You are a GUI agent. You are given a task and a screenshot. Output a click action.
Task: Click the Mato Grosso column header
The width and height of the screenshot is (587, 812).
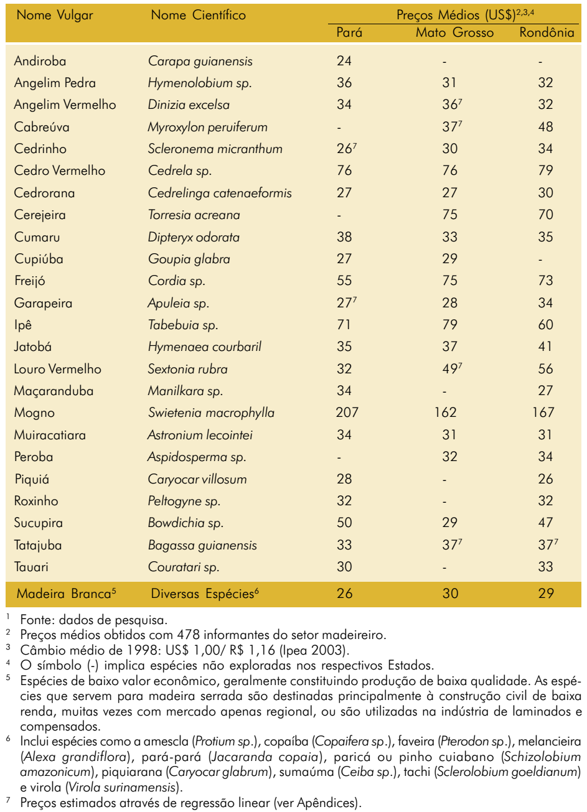[x=454, y=32]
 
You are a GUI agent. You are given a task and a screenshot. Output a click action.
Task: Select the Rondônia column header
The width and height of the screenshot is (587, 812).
[x=547, y=32]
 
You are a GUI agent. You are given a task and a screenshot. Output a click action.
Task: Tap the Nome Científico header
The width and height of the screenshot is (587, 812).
[x=198, y=15]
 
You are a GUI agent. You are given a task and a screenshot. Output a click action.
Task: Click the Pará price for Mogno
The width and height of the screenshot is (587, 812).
[x=347, y=413]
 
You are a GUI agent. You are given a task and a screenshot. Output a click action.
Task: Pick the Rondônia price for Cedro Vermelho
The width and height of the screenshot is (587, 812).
[x=546, y=170]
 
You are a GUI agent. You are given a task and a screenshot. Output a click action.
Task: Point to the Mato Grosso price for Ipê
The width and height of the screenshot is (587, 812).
[x=449, y=325]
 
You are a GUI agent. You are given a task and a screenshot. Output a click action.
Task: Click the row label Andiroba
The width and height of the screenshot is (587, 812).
[x=40, y=61]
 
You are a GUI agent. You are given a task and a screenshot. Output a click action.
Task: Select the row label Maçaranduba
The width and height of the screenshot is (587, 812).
[x=54, y=391]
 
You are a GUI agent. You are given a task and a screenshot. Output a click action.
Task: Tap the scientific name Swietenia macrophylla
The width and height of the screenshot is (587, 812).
[x=211, y=413]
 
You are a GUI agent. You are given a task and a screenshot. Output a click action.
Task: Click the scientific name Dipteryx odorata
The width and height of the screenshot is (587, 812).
[x=194, y=238]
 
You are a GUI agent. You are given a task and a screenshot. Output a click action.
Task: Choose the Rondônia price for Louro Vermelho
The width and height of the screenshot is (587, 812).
[x=546, y=369]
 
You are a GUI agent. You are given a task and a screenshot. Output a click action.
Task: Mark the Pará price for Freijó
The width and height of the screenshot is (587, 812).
[x=344, y=281]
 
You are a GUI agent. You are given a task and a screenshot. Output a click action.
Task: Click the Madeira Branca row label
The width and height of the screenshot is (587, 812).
[x=67, y=594]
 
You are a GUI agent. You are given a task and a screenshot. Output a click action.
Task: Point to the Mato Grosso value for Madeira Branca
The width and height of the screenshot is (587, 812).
[x=450, y=594]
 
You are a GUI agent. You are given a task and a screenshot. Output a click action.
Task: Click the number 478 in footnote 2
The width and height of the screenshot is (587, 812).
[x=189, y=635]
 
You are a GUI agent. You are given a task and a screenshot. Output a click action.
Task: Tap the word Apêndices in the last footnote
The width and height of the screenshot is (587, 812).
[x=325, y=803]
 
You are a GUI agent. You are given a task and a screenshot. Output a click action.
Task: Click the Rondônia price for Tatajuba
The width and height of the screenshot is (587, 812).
[x=548, y=544]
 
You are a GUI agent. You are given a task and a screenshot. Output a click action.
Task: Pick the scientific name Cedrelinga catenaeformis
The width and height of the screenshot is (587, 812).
[x=220, y=194]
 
